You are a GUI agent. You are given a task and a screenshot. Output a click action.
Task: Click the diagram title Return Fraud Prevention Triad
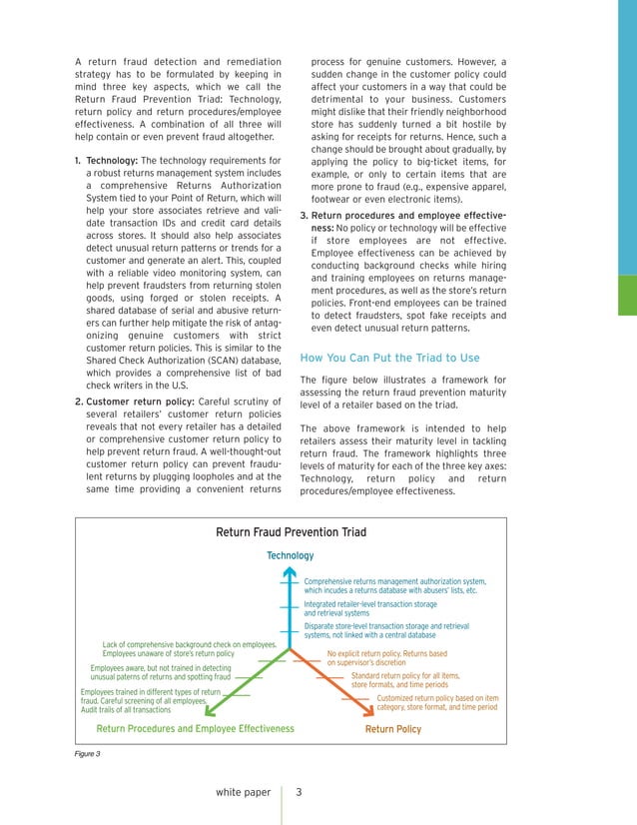[x=290, y=532]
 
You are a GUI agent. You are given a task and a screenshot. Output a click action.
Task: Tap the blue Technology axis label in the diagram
[x=290, y=555]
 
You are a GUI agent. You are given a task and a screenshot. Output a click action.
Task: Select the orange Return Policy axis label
[x=393, y=729]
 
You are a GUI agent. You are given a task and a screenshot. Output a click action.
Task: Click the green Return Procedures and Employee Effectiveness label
[x=196, y=729]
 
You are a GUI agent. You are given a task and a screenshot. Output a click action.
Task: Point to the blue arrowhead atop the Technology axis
[x=290, y=573]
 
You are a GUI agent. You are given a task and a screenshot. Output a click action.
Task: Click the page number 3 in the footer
[x=299, y=792]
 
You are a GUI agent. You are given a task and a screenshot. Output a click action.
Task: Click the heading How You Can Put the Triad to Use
[x=389, y=358]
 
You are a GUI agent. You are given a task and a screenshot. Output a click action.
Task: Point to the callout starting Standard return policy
[x=405, y=680]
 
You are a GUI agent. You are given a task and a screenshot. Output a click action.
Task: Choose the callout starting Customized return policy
[x=436, y=703]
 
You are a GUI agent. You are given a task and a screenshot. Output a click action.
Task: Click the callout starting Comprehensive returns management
[x=394, y=585]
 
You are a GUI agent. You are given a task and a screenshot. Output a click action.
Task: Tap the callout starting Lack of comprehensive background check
[x=190, y=649]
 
